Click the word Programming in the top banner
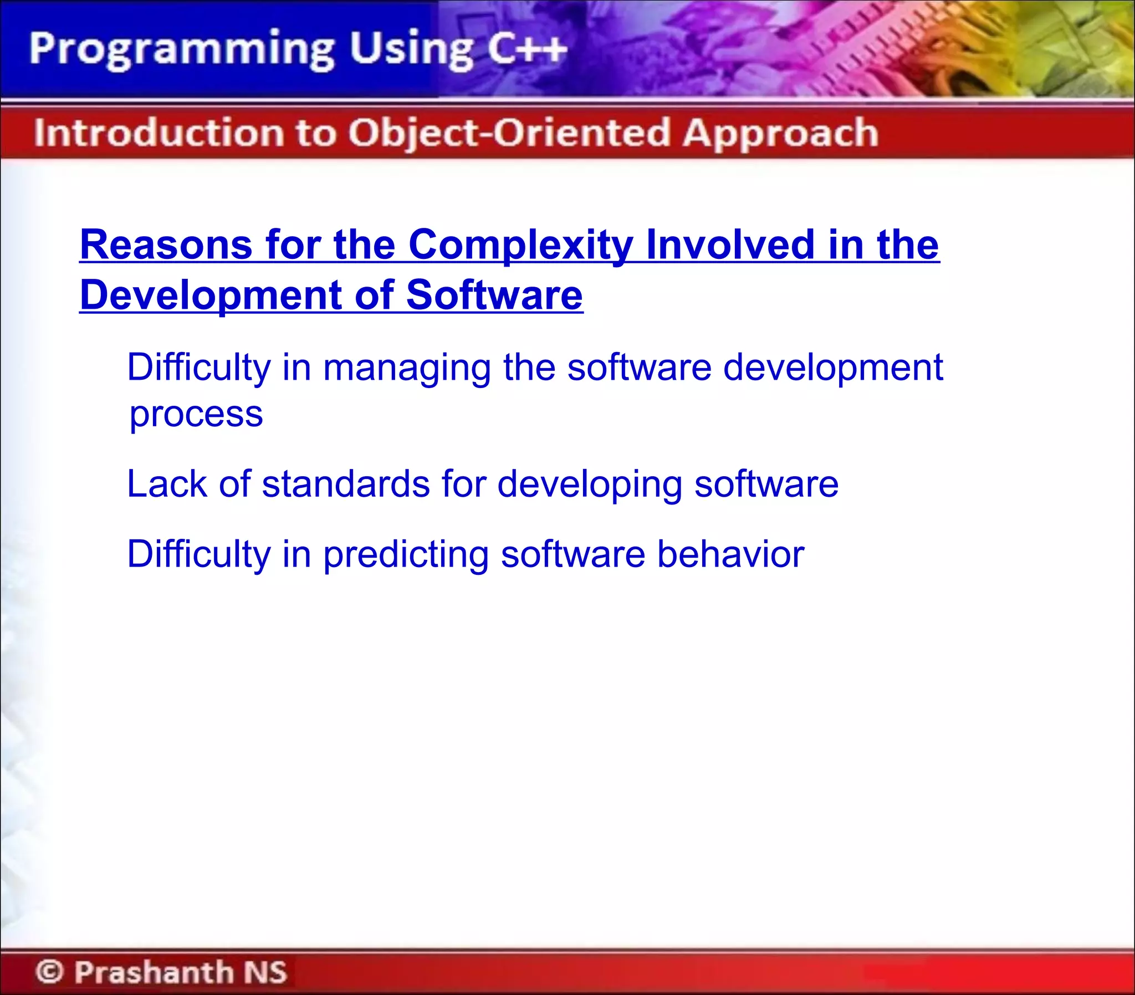[181, 50]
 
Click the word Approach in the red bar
[780, 134]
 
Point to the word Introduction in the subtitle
[158, 133]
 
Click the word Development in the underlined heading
[211, 295]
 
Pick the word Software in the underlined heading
[494, 295]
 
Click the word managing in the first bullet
[407, 368]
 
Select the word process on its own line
[196, 415]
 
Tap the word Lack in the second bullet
[166, 483]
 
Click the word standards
[346, 483]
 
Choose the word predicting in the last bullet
[406, 555]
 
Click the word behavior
[730, 554]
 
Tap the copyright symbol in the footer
[49, 971]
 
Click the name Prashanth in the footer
[154, 971]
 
